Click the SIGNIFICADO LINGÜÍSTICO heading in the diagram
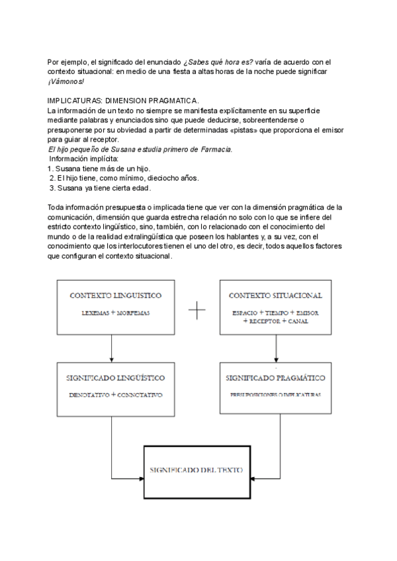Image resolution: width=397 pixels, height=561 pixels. [111, 378]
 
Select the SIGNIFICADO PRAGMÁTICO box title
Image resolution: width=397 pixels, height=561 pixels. [275, 378]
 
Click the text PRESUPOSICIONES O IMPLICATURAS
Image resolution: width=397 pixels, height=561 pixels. [275, 394]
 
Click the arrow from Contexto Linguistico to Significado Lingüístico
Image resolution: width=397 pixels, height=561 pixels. [111, 347]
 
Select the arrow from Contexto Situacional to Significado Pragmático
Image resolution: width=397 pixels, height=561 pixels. [275, 347]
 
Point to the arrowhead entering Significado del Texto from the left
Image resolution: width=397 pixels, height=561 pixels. [140, 474]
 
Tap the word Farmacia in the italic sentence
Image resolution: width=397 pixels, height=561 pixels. [214, 150]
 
